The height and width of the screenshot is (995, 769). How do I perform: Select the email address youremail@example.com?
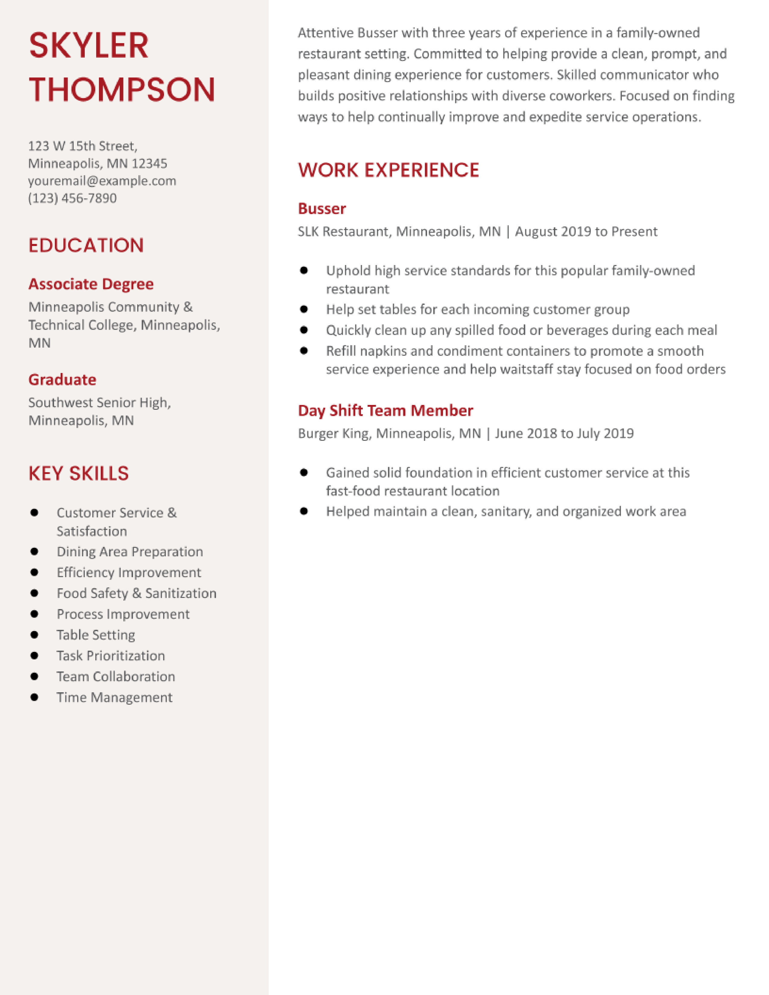(x=102, y=181)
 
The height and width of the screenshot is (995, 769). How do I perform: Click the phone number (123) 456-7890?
(x=72, y=198)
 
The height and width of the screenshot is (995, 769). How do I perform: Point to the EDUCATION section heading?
(x=86, y=245)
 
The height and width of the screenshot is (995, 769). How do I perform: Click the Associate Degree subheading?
(x=91, y=284)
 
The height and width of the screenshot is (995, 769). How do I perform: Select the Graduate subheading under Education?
(x=62, y=380)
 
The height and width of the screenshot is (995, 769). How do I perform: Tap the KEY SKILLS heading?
(x=78, y=473)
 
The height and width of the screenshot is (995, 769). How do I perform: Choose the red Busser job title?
(x=322, y=209)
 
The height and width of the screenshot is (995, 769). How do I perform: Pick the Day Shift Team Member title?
(x=385, y=410)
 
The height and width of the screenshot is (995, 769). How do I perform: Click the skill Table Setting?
(x=96, y=635)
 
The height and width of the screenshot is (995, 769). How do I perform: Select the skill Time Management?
(x=114, y=697)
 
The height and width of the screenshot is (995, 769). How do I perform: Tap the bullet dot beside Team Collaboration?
(x=34, y=676)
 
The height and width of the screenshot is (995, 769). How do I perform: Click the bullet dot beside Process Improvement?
(x=34, y=614)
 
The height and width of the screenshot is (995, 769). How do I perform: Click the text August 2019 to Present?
(x=586, y=232)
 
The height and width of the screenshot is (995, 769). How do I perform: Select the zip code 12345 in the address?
(x=150, y=163)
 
